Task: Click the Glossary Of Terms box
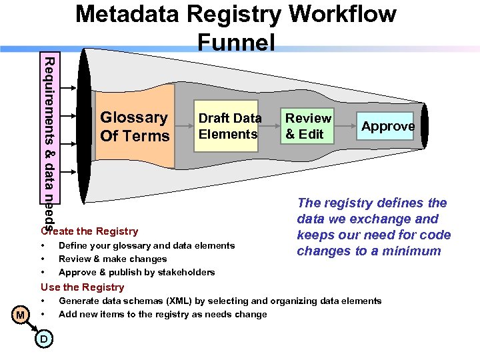pyautogui.click(x=135, y=127)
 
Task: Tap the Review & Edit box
pyautogui.click(x=308, y=126)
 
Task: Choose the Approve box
pyautogui.click(x=388, y=126)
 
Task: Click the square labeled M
pyautogui.click(x=21, y=314)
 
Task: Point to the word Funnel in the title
pyautogui.click(x=237, y=43)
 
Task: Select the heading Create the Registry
pyautogui.click(x=89, y=231)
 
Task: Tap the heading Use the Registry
pyautogui.click(x=83, y=287)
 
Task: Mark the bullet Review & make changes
pyautogui.click(x=113, y=259)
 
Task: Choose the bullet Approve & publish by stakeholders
pyautogui.click(x=137, y=272)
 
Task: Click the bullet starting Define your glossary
pyautogui.click(x=147, y=245)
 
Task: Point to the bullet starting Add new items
pyautogui.click(x=163, y=314)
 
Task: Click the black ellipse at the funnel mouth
pyautogui.click(x=85, y=127)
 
